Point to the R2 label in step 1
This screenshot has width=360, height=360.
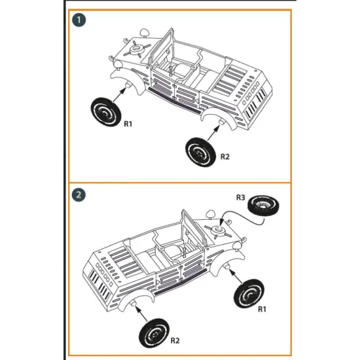225,156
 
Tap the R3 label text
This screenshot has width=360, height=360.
240,197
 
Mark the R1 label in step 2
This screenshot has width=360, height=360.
262,308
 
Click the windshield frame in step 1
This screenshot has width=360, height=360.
162,50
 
